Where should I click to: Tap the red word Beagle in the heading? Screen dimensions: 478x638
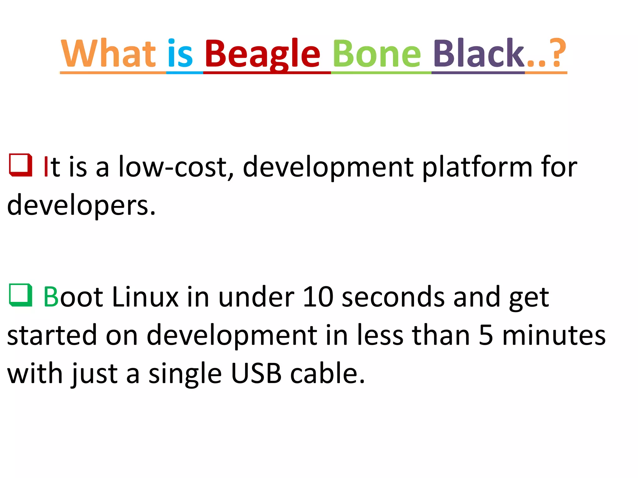pyautogui.click(x=262, y=54)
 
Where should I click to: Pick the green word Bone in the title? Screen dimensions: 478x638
pyautogui.click(x=377, y=54)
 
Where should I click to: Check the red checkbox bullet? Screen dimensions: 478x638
pyautogui.click(x=21, y=165)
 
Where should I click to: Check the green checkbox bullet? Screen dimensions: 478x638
pyautogui.click(x=21, y=295)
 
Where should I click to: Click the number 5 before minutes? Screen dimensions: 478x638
pyautogui.click(x=486, y=335)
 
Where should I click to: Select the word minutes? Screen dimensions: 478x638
pyautogui.click(x=554, y=335)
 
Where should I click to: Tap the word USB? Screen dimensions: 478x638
pyautogui.click(x=256, y=373)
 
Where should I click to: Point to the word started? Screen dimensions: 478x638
pyautogui.click(x=52, y=335)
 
